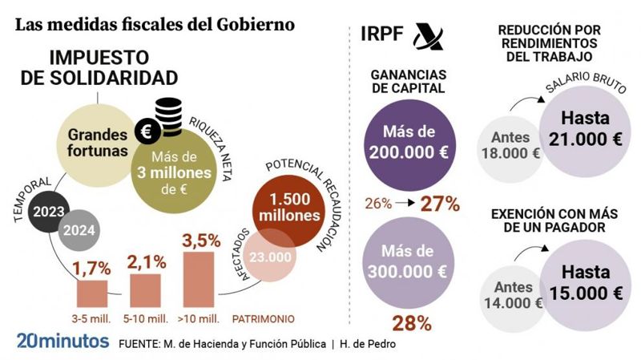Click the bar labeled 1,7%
click(x=91, y=292)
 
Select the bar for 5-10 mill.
click(x=145, y=289)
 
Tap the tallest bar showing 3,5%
click(x=199, y=278)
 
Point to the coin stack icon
click(x=168, y=116)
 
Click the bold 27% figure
click(x=439, y=204)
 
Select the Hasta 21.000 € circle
click(x=585, y=127)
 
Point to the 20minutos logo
click(x=62, y=341)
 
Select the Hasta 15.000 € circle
click(x=585, y=283)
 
